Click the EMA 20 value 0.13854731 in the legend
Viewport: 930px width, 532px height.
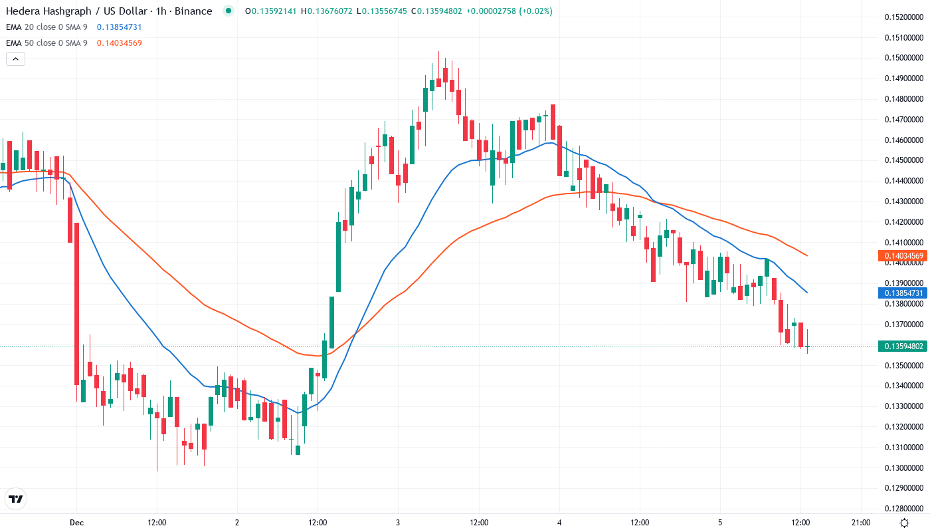pos(119,27)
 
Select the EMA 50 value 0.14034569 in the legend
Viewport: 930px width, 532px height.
pos(119,43)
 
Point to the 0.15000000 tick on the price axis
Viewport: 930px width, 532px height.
pos(904,58)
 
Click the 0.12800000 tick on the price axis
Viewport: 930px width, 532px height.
pos(904,509)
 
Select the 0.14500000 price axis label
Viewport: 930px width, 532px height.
pos(904,160)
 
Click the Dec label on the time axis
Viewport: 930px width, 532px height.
pos(76,523)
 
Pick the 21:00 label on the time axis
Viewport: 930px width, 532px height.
pos(861,523)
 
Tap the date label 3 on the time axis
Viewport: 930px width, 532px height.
pos(397,523)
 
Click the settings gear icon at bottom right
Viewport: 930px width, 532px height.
pos(904,523)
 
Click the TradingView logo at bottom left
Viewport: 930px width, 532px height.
pos(16,499)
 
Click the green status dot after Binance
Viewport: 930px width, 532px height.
pos(229,11)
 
